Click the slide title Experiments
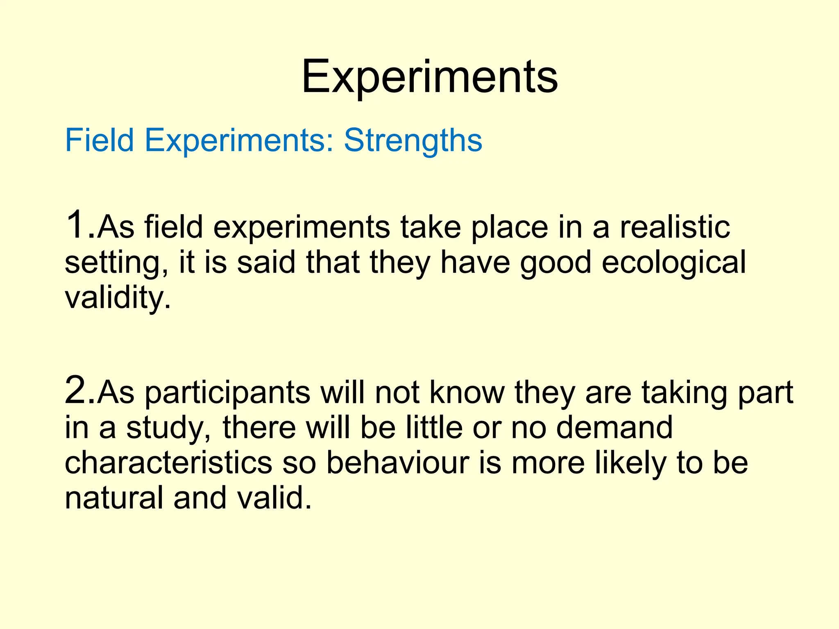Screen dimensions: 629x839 [429, 77]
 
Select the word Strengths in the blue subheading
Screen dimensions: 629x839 [413, 140]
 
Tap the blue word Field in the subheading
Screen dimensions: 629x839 [100, 140]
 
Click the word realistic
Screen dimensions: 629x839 [674, 227]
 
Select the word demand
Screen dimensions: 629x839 [615, 428]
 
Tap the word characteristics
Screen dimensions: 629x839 [168, 463]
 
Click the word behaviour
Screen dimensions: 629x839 [397, 463]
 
